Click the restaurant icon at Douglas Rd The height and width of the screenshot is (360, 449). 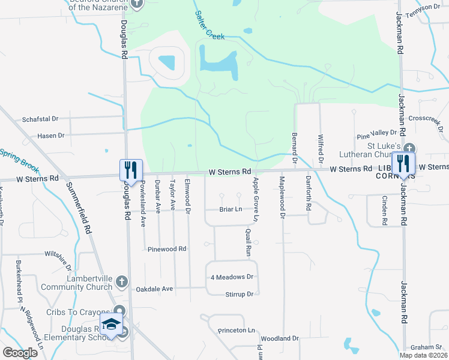[131, 170]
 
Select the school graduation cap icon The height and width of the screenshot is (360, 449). [111, 325]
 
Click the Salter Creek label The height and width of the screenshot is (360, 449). [209, 26]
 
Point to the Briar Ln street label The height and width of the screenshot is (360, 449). [231, 209]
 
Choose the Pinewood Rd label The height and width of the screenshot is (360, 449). [167, 248]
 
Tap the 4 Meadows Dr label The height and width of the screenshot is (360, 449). [232, 277]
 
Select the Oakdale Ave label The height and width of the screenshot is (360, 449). [154, 289]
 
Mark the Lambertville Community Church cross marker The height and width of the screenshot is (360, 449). [121, 281]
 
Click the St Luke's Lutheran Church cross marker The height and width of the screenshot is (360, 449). [409, 148]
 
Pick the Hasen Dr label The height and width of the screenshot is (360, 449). [50, 136]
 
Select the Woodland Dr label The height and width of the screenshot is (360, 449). [280, 338]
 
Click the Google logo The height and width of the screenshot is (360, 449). [20, 353]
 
